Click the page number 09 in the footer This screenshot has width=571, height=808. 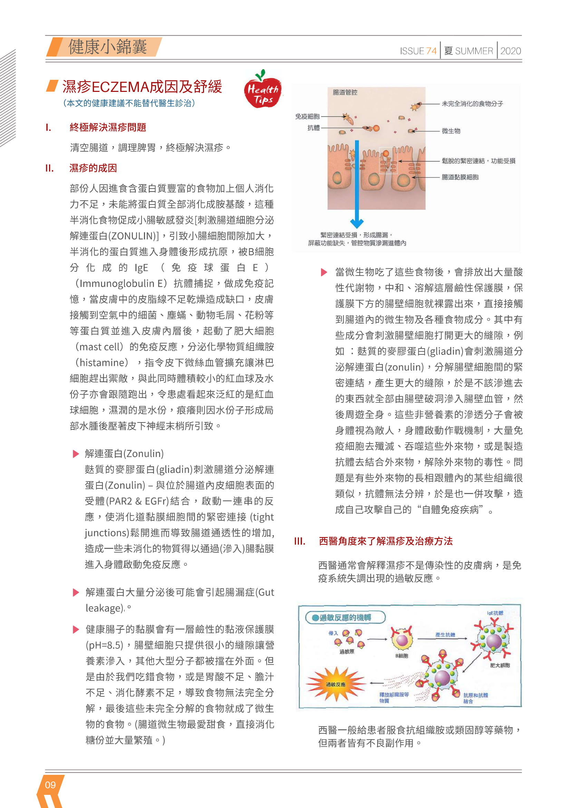tap(50, 785)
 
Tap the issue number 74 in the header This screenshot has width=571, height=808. tap(431, 51)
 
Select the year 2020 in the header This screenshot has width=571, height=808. tap(511, 51)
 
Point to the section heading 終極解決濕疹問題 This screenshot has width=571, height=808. tap(108, 127)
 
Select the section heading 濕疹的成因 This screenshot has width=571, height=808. tap(93, 168)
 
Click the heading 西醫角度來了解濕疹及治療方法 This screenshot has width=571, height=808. tap(385, 541)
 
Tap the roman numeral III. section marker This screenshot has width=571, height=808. tap(300, 541)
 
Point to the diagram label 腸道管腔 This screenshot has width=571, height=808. tap(345, 92)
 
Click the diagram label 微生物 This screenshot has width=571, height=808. tap(451, 131)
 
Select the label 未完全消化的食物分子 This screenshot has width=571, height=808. tap(472, 104)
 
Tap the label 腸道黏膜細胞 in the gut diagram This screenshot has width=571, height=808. tap(460, 177)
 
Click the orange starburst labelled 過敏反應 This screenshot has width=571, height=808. tap(336, 684)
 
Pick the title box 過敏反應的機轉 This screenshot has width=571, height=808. tap(345, 618)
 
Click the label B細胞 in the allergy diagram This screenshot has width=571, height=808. tap(401, 656)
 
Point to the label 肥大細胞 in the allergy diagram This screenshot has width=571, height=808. tap(500, 665)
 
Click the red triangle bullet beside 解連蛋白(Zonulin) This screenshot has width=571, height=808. tap(76, 454)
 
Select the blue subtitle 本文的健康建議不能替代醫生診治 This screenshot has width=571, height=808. tap(129, 103)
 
